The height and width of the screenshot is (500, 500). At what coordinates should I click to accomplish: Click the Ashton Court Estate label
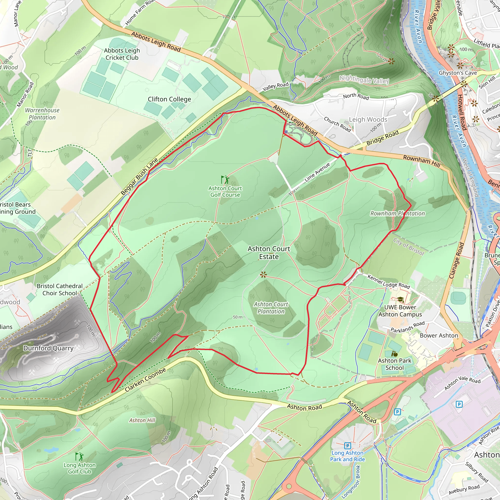(x=269, y=253)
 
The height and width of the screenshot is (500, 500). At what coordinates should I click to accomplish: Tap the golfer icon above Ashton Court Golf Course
(x=225, y=180)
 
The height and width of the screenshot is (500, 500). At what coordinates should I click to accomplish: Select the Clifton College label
(x=169, y=99)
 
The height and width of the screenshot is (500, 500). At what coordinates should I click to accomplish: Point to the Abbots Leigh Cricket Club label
(x=122, y=54)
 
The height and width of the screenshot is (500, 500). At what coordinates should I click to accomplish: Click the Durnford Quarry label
(x=48, y=348)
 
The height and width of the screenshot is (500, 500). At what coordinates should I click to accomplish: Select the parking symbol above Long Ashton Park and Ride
(x=347, y=446)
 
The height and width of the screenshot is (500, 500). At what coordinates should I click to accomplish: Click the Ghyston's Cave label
(x=458, y=73)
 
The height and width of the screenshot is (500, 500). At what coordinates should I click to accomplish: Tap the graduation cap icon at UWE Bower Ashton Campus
(x=400, y=300)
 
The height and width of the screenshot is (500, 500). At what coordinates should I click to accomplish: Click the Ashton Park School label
(x=395, y=364)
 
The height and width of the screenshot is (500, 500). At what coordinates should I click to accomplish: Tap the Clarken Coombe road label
(x=146, y=380)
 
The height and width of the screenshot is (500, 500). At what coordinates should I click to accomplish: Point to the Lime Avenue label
(x=317, y=172)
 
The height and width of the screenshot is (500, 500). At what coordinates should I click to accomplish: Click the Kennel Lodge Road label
(x=389, y=282)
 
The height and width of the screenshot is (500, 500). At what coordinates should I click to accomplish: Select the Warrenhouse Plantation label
(x=42, y=114)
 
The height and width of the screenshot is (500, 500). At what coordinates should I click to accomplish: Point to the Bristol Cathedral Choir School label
(x=60, y=290)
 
